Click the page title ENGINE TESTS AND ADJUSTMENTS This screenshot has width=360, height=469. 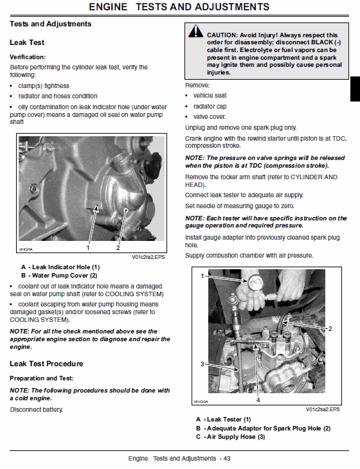click(x=179, y=7)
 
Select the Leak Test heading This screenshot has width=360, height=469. click(x=27, y=42)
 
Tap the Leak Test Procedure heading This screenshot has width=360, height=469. click(x=46, y=364)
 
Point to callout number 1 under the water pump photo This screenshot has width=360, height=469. click(x=88, y=247)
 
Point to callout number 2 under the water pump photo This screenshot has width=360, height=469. click(x=118, y=247)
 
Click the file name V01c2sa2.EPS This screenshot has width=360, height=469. click(x=323, y=409)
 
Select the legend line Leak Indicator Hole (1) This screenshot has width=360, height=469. click(x=60, y=267)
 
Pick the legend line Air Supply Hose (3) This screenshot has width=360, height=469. click(x=230, y=437)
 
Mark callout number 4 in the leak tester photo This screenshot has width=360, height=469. click(x=258, y=400)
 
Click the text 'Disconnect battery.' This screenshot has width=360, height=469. click(x=36, y=410)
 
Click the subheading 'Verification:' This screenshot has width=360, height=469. click(x=28, y=57)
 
